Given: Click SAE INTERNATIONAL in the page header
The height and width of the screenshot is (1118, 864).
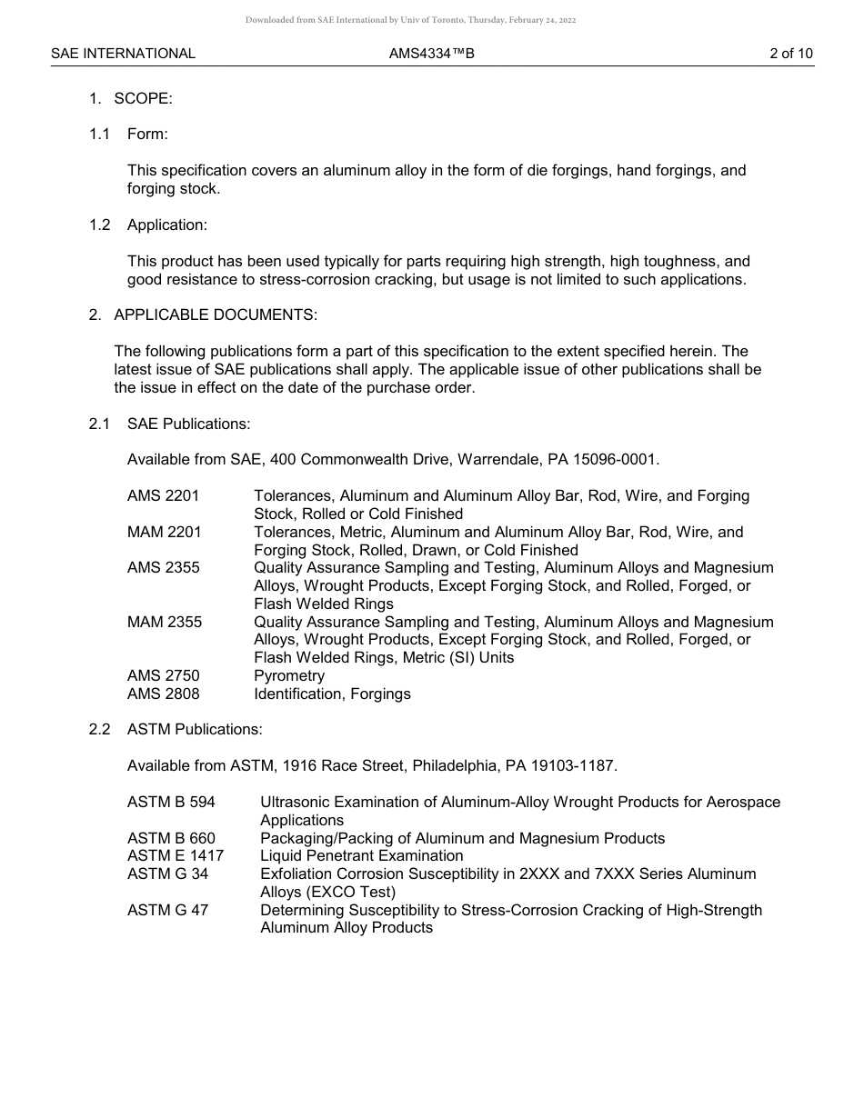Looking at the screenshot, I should pos(123,54).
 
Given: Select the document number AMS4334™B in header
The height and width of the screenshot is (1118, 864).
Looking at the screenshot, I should pos(432,54).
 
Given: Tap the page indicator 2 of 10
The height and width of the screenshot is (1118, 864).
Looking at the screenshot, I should pos(790,54).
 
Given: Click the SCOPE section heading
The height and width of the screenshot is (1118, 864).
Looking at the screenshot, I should pos(143,98).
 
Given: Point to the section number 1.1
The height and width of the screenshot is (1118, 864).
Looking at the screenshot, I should pos(99,135).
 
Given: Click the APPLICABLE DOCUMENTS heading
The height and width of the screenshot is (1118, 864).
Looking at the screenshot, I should pos(216,315).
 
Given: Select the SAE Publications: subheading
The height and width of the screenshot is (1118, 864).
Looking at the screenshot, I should pos(188,424).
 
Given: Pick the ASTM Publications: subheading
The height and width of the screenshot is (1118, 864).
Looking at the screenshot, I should pos(195,730).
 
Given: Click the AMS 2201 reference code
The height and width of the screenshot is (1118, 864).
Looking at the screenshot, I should pos(163,496).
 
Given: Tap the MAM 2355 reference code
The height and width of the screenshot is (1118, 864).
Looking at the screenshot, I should pos(165,623).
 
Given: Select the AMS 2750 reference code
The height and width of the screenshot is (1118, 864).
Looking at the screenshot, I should pos(163,676).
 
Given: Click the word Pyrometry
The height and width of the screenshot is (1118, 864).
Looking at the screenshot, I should pos(289,676).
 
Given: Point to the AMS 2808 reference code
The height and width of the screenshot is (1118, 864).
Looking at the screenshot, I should pos(163,694).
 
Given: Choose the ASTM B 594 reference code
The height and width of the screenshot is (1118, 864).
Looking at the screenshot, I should pos(171,803).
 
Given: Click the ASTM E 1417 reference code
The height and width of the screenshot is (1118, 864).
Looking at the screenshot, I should pos(176,856).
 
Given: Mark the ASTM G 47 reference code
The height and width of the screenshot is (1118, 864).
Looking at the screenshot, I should pos(167,911).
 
